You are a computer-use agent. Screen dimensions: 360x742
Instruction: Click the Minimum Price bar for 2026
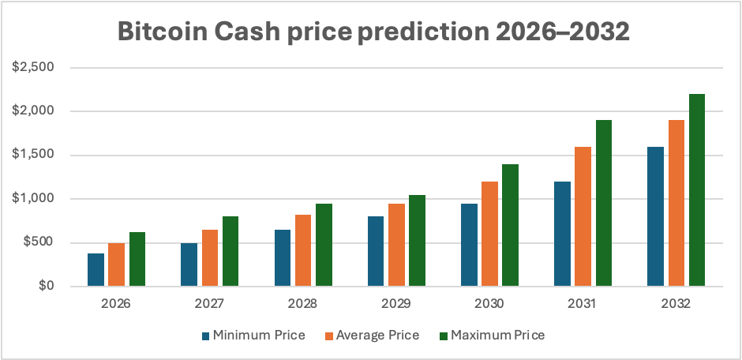click(96, 270)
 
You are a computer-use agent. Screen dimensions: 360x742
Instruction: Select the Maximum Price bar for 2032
click(697, 190)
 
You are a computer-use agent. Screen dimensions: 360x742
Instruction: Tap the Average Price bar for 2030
click(489, 234)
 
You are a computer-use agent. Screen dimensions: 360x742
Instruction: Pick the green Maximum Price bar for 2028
click(324, 245)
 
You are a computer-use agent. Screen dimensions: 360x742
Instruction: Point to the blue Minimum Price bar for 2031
click(562, 234)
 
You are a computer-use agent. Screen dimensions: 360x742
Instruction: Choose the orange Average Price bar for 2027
click(210, 257)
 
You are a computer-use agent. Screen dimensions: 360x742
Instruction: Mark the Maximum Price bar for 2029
click(417, 240)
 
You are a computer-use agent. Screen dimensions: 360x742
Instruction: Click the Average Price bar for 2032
click(676, 203)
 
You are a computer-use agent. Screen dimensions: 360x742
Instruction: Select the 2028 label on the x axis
click(303, 303)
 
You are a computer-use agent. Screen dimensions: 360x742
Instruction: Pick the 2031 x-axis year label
click(583, 303)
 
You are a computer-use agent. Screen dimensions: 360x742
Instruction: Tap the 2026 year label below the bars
click(117, 303)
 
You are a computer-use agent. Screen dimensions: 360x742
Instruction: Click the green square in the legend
click(442, 336)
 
